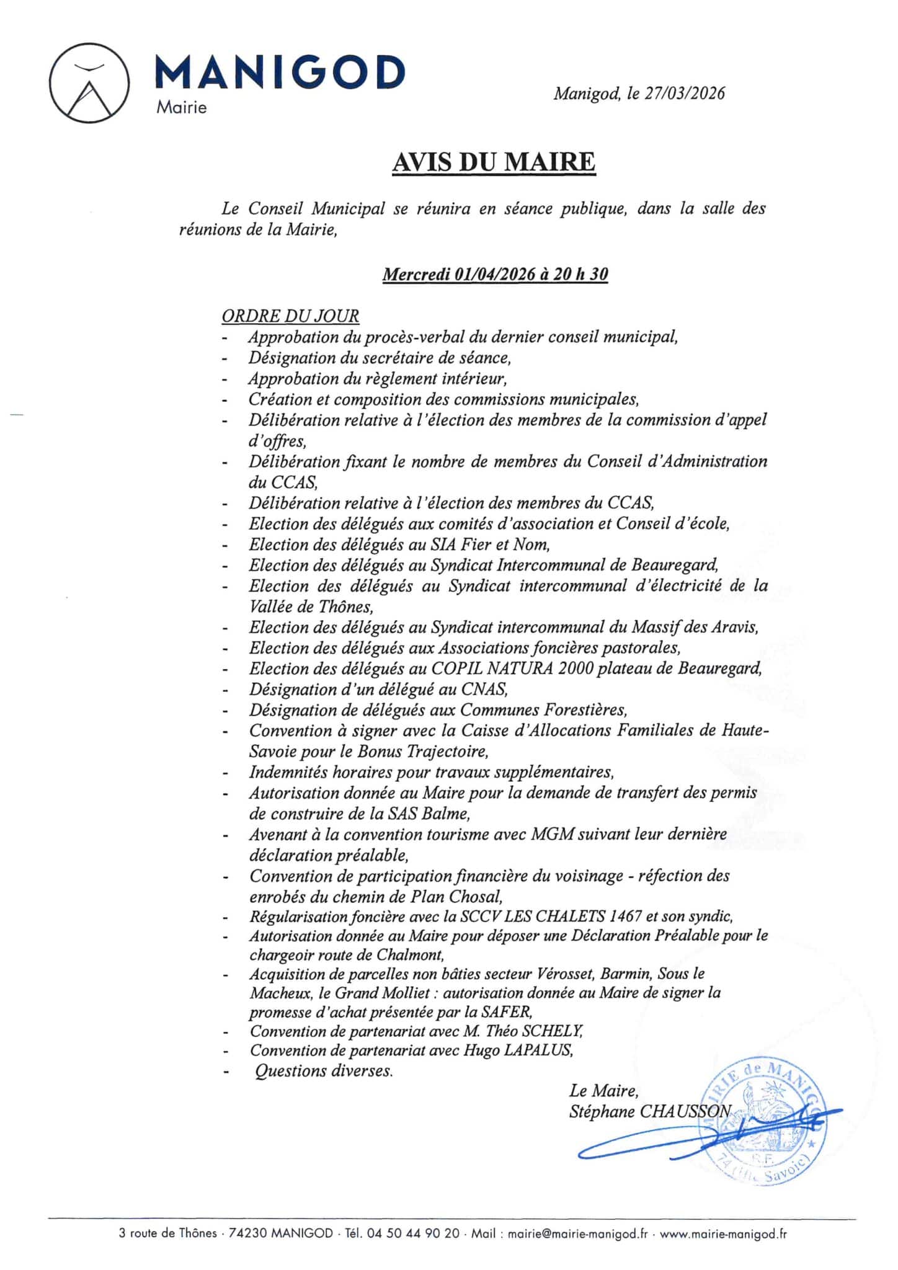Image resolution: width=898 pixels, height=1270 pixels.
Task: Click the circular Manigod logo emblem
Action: coord(90,83)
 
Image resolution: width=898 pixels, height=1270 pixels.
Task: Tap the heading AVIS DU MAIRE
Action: coord(494,162)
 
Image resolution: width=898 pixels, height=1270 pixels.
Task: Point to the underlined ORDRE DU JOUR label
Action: coord(290,316)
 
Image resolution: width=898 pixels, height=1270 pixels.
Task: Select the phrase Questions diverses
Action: coord(324,1071)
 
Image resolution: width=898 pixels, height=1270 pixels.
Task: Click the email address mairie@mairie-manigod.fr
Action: coord(577,1234)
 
